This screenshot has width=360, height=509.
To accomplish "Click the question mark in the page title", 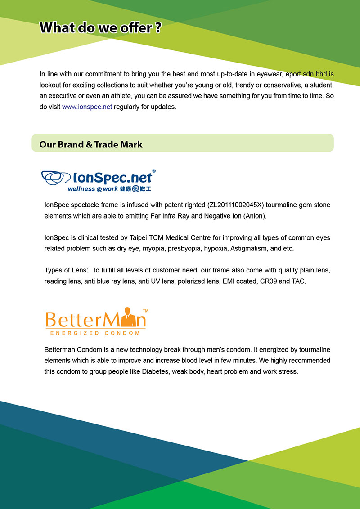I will coord(157,28).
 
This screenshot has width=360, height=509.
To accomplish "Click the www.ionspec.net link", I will coord(87,107).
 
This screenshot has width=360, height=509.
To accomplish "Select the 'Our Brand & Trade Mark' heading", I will coord(91,144).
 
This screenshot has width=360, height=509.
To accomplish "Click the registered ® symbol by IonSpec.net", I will coord(154,171).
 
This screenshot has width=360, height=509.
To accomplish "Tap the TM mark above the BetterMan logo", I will coord(145,311).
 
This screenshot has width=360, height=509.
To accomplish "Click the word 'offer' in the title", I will coord(136,28).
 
